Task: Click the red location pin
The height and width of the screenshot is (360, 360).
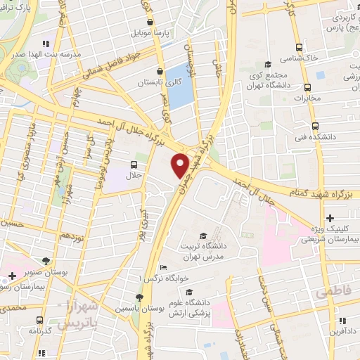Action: [181, 164]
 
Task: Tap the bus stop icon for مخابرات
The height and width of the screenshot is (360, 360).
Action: [307, 87]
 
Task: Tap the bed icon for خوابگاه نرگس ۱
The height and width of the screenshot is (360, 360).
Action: [163, 267]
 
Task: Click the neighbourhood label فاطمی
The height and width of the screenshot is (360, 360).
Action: [332, 290]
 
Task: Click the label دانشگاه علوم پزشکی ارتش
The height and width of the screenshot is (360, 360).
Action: [190, 307]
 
